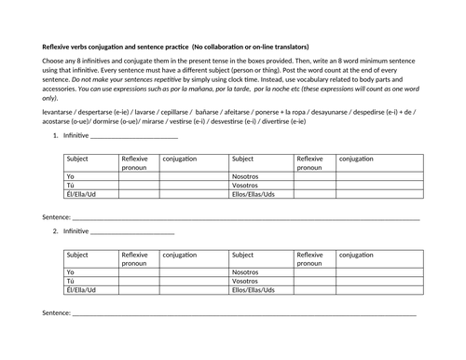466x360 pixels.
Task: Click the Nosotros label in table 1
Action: click(x=246, y=175)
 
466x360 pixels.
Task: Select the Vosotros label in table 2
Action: click(x=246, y=280)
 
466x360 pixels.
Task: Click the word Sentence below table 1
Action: click(x=56, y=217)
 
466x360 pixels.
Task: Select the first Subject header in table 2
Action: click(x=78, y=254)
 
